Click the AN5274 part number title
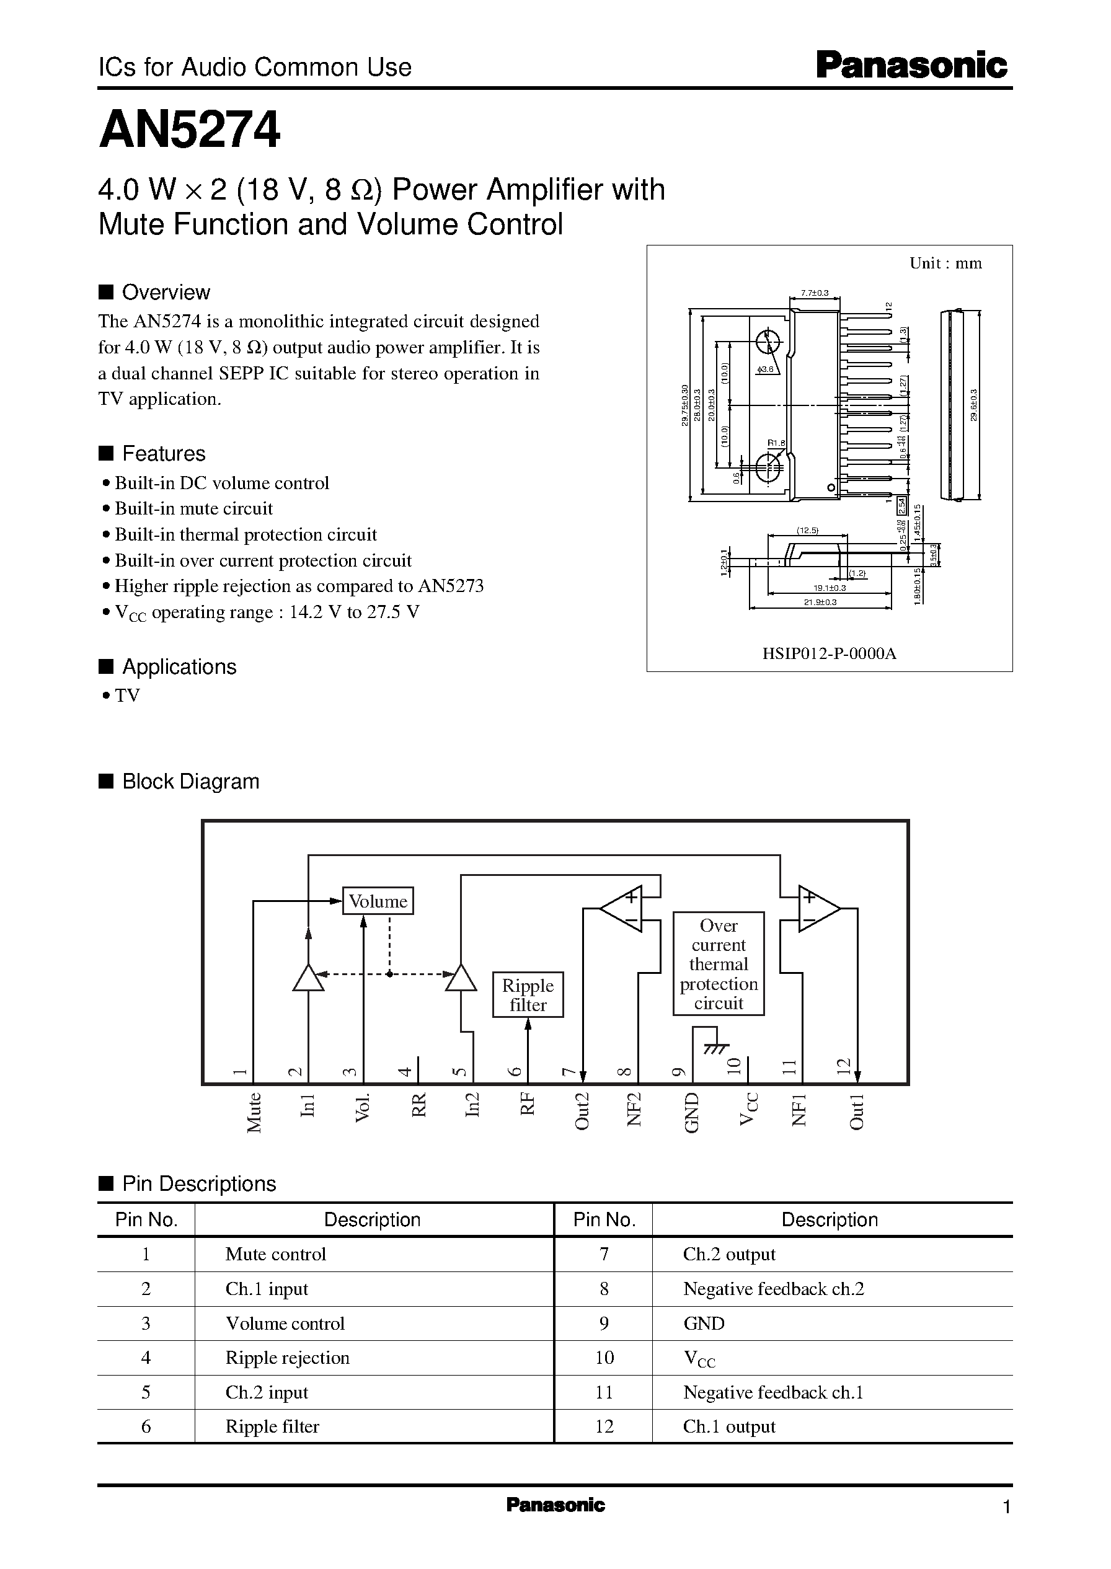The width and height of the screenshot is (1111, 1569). click(190, 130)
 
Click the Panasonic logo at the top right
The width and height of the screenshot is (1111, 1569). click(911, 66)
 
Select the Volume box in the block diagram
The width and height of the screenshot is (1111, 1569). click(378, 901)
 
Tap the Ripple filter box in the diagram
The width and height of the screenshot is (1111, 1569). click(528, 994)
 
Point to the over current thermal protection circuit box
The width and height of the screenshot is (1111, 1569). click(719, 963)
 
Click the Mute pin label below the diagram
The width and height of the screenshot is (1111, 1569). click(254, 1113)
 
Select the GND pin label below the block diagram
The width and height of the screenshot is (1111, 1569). click(692, 1113)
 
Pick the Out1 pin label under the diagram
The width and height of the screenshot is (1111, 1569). click(857, 1112)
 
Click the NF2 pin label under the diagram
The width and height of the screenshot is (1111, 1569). click(634, 1110)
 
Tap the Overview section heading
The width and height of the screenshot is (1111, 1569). click(166, 292)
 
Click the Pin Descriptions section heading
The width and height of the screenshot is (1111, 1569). click(198, 1184)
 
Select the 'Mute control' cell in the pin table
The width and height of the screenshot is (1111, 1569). click(276, 1254)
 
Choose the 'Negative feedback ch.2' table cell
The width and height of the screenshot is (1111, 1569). click(773, 1289)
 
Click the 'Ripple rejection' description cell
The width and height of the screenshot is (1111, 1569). click(287, 1357)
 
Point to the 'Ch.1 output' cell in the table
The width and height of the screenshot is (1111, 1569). click(728, 1426)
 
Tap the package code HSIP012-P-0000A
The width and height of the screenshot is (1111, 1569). click(828, 653)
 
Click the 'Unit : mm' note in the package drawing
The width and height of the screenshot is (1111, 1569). click(945, 263)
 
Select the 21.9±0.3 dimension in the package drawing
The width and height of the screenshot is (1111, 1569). click(820, 602)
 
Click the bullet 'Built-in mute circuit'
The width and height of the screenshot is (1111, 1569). click(193, 508)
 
